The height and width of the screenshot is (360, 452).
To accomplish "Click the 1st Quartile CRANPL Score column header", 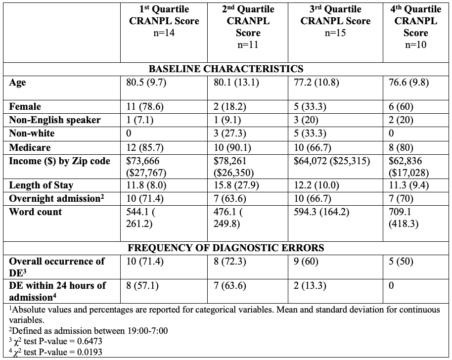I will point(164,21).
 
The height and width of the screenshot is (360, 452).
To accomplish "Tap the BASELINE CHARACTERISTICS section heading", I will point(226,69).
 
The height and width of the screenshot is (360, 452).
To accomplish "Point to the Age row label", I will point(17,83).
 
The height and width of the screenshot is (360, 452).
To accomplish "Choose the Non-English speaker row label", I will point(54,120).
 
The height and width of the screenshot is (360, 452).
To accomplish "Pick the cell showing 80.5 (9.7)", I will point(146,83).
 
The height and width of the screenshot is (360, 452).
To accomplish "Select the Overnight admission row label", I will point(52,198).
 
